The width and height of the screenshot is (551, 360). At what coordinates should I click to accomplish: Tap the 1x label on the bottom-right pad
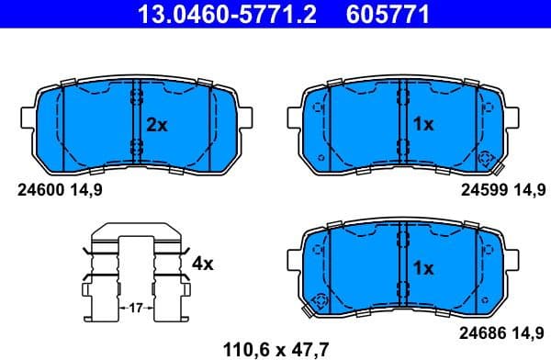423,268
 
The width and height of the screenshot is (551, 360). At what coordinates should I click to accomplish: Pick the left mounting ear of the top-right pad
295,120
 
